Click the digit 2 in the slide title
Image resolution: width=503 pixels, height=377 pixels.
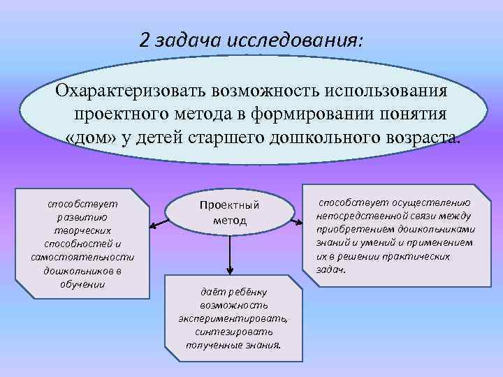145,40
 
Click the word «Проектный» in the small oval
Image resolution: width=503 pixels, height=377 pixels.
229,205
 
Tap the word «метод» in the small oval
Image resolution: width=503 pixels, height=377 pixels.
230,220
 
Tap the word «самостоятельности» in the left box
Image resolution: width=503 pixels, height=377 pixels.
82,258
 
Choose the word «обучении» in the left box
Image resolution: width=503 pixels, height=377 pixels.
82,284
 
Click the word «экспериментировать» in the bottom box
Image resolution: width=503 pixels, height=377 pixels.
233,318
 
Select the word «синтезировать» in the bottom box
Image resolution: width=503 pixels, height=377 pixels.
233,332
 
